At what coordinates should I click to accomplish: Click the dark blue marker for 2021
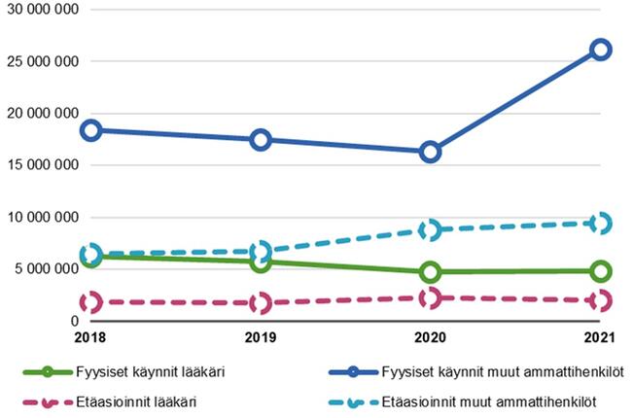tap(601, 49)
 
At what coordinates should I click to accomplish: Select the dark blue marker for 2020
tap(431, 152)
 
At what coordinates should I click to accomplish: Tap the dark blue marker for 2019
tap(261, 140)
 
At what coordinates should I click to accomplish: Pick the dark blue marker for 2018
tap(90, 130)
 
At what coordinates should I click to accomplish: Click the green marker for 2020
tap(431, 271)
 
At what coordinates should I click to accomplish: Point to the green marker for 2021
tap(601, 270)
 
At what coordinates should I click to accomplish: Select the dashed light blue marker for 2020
tap(431, 229)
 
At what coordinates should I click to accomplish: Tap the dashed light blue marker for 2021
tap(601, 224)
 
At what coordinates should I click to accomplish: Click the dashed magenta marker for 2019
tap(261, 303)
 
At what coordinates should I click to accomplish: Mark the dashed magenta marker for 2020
tap(431, 298)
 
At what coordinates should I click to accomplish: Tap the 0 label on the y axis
tap(74, 321)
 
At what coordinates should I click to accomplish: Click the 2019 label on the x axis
tap(261, 337)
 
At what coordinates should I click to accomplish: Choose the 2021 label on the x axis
tap(601, 337)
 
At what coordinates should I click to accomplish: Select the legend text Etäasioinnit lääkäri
tap(129, 401)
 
